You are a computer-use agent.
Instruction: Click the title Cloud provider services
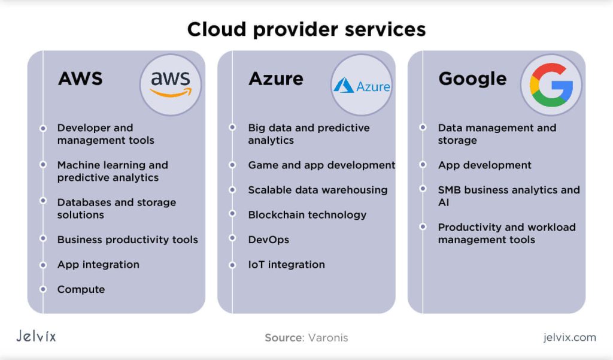point(306,29)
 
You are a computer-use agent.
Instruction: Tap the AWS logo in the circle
point(171,84)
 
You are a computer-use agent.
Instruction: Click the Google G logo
point(551,84)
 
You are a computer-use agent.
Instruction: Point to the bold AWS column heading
point(80,78)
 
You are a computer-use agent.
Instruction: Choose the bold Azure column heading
point(275,78)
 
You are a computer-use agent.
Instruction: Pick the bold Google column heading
point(472,78)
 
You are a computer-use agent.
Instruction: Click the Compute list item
point(81,289)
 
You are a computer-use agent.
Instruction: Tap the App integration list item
point(98,264)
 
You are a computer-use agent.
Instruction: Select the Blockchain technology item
point(307,214)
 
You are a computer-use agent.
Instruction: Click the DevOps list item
point(269,240)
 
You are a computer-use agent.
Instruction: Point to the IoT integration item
point(286,264)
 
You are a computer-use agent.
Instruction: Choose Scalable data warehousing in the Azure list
point(318,190)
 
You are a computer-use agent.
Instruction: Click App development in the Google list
point(484,165)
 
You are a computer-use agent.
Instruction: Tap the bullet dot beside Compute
point(43,289)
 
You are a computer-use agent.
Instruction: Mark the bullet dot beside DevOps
point(232,240)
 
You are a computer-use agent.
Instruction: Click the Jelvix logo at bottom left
point(36,337)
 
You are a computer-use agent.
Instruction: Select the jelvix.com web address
point(569,337)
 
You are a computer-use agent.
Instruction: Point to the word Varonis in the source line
point(328,338)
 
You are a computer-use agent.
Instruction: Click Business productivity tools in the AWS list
point(128,240)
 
